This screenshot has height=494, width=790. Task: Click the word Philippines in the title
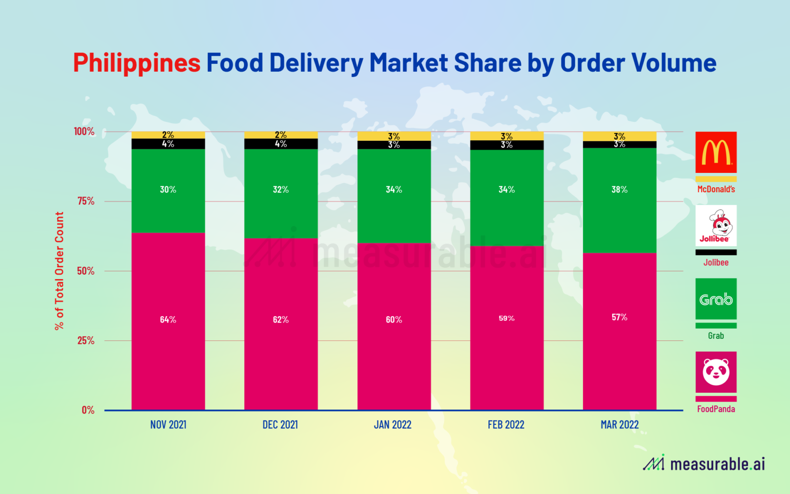click(x=137, y=63)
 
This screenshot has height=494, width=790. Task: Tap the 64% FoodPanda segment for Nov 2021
click(x=168, y=321)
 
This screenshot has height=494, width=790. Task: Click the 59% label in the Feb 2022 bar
click(x=507, y=319)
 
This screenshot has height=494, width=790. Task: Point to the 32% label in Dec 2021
click(x=280, y=190)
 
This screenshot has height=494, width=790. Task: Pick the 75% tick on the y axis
click(x=85, y=201)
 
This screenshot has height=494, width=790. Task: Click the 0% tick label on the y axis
click(x=88, y=410)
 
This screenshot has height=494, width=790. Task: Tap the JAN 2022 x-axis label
click(x=393, y=425)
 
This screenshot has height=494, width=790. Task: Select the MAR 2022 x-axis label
click(x=619, y=425)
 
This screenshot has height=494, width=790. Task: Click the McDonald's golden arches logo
click(x=716, y=152)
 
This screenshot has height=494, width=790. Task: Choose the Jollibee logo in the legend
click(x=716, y=226)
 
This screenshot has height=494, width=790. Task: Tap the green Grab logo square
click(x=716, y=299)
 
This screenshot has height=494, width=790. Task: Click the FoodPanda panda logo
click(x=716, y=372)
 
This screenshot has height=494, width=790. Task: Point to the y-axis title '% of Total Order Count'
click(x=60, y=271)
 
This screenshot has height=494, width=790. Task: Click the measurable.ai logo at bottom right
click(x=704, y=464)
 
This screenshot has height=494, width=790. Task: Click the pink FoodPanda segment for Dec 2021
click(x=280, y=346)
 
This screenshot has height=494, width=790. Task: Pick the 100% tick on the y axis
click(x=84, y=131)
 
